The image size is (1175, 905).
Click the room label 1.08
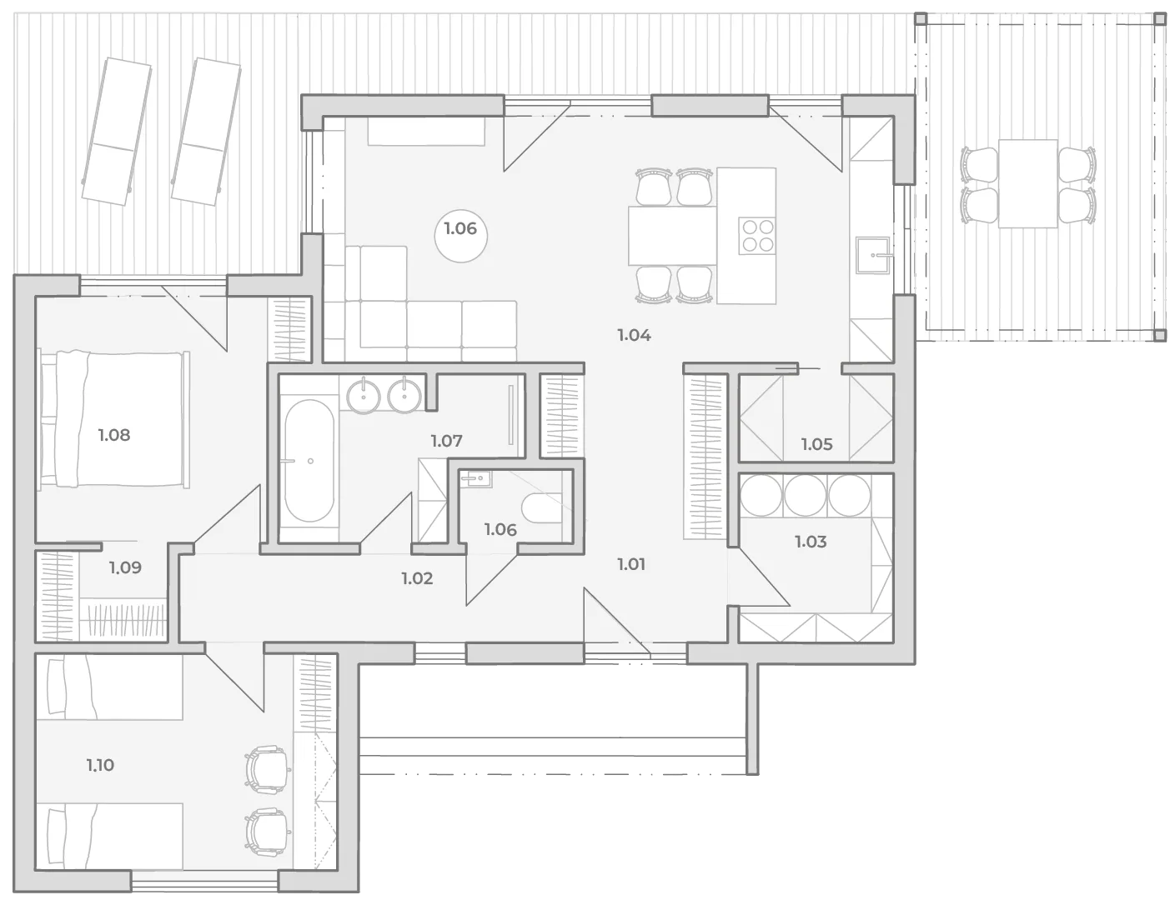point(114,435)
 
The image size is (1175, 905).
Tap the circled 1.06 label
point(460,228)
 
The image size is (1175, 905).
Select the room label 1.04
point(635,335)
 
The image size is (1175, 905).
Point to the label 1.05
point(816,444)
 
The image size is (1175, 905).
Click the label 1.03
point(811,542)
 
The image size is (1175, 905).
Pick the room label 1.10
point(100,765)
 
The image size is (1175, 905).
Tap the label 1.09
point(125,567)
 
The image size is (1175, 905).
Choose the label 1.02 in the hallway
point(417,578)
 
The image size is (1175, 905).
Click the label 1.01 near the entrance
point(631,564)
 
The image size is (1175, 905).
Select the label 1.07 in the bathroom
point(447,441)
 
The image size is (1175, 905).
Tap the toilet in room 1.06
point(542,507)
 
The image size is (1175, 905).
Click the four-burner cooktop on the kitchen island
point(757,235)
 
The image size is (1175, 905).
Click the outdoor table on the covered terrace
point(1027,183)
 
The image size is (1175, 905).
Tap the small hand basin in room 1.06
point(475,478)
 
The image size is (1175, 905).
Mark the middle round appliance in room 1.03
point(805,496)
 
